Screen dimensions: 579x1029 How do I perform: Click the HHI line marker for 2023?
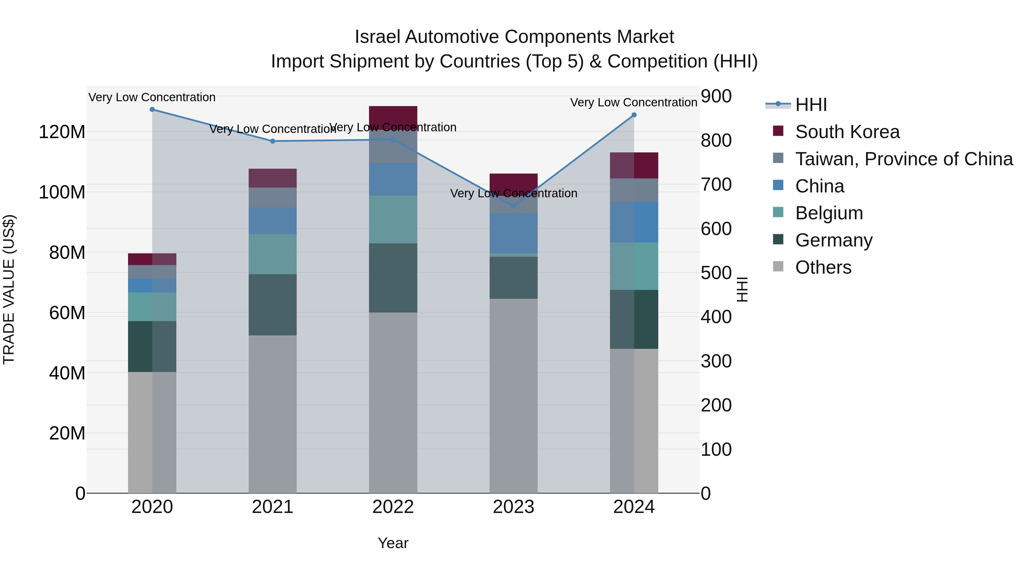tap(514, 206)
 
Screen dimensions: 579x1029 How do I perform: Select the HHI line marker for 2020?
tap(152, 110)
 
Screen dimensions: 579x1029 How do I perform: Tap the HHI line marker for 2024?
tap(634, 115)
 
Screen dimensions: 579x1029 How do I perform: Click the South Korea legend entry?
tap(847, 132)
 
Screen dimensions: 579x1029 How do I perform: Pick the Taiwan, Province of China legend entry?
tap(904, 159)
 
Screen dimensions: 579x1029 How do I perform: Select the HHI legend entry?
tap(811, 105)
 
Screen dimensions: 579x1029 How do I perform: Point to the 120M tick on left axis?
tap(62, 132)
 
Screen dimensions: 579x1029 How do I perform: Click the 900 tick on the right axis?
tap(716, 96)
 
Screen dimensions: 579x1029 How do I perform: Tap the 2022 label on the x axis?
tap(393, 507)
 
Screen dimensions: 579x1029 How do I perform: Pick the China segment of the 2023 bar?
tap(514, 233)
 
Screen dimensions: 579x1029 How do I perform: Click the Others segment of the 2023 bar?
tap(514, 396)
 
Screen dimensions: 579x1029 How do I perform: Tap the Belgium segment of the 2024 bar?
tap(634, 266)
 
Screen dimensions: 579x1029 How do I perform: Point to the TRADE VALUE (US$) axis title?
tap(9, 289)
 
